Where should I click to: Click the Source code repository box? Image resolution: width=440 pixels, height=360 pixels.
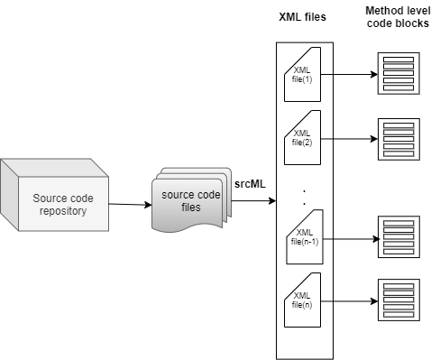[54, 195]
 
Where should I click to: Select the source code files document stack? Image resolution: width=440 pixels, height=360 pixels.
[191, 200]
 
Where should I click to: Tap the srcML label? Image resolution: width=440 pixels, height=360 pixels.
[250, 184]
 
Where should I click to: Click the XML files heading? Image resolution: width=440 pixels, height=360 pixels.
[302, 17]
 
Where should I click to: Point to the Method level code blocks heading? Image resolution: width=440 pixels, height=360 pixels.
[398, 17]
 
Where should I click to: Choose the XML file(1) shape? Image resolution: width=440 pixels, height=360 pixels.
[302, 74]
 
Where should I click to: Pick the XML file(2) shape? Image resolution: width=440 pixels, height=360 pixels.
[302, 137]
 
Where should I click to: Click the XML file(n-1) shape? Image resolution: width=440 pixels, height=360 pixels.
[305, 237]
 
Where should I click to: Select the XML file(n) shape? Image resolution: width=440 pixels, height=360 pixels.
[302, 300]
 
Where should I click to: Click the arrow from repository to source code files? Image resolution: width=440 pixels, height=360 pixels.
[130, 205]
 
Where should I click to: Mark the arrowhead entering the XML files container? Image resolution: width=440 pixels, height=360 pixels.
[272, 200]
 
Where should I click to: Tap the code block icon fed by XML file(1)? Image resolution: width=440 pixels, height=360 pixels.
[399, 73]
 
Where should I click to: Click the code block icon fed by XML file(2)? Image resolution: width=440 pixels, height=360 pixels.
[399, 139]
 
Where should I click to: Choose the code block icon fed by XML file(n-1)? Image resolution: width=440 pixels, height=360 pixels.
[399, 237]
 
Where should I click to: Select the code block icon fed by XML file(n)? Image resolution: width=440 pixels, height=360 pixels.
[399, 300]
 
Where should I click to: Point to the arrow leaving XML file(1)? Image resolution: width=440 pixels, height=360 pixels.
[349, 74]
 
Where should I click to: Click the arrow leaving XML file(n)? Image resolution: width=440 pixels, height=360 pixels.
[349, 301]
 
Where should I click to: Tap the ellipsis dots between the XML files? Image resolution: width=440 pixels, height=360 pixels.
[304, 198]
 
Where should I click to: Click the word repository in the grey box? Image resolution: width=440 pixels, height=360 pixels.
[63, 211]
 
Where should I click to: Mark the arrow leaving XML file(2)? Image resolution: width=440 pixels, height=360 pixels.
[349, 139]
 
